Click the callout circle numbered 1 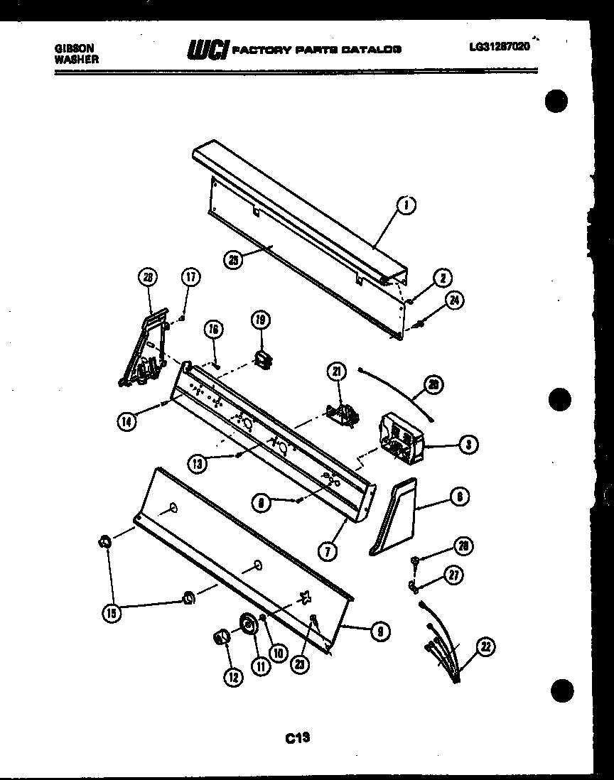tap(406, 206)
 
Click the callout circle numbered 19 tap(259, 320)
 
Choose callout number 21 tap(336, 370)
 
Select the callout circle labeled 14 tap(126, 420)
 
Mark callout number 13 tap(197, 463)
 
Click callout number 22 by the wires tap(486, 646)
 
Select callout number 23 tap(298, 663)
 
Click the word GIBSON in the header tap(73, 49)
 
